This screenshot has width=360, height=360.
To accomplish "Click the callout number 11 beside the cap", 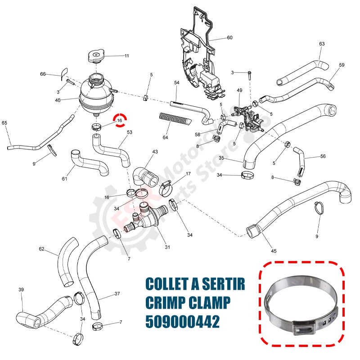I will coord(126,56).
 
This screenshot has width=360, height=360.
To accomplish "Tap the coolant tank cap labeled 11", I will coord(95,57).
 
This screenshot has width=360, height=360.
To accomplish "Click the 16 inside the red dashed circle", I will coord(120,121).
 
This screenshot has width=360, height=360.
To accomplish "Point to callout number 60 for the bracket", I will coord(229,38).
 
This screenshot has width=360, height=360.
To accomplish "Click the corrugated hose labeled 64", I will coord(175,119).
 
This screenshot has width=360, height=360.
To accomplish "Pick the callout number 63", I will coord(322,44).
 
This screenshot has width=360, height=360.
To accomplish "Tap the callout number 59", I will coord(342,65).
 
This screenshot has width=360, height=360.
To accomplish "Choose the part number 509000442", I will coord(182,323).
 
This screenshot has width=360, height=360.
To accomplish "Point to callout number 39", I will coord(21,289).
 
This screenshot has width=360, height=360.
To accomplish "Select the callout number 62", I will coord(41,249).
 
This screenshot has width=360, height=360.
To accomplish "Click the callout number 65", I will coord(4,123).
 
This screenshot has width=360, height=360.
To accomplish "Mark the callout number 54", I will coord(176,83).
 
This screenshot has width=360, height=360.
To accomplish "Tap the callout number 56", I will coord(323,157).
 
